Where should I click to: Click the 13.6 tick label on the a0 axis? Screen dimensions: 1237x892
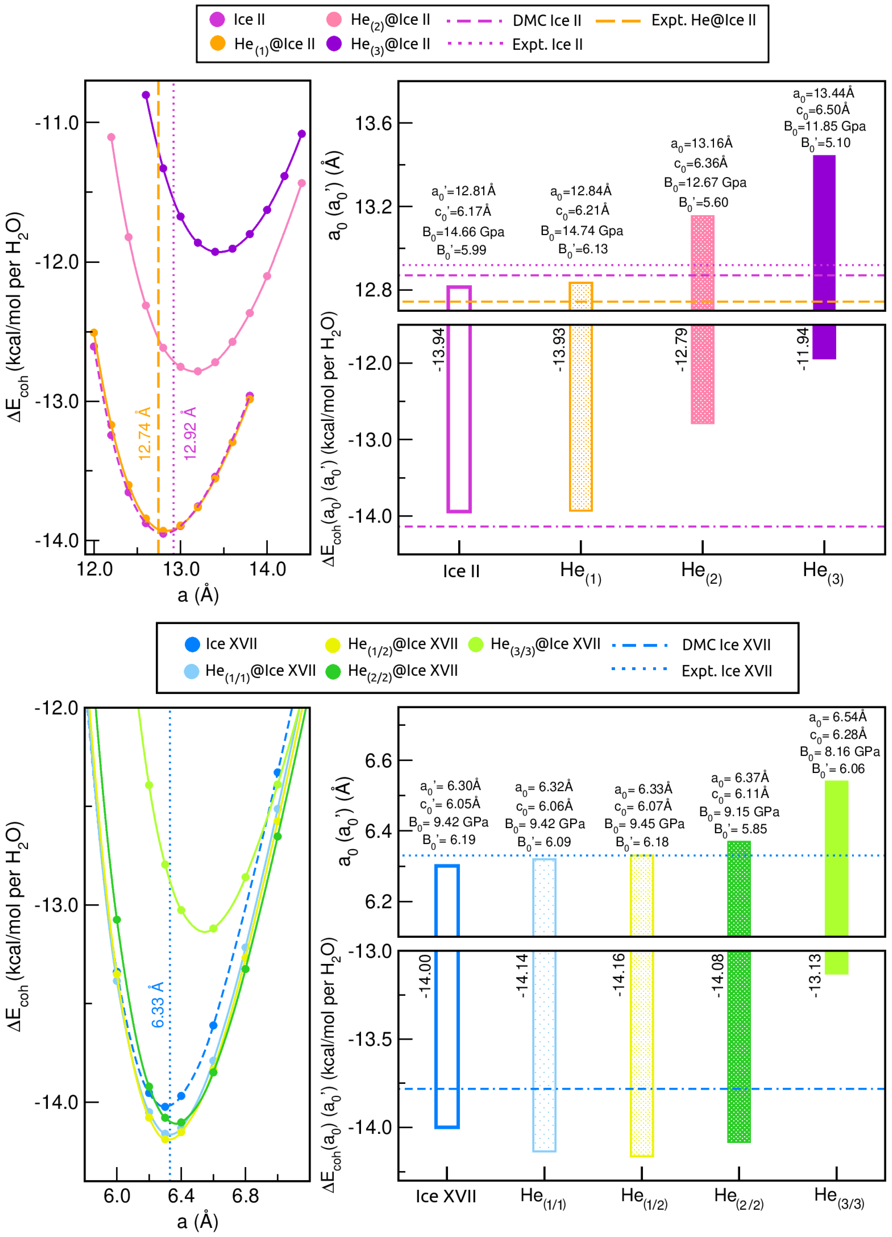coord(373,123)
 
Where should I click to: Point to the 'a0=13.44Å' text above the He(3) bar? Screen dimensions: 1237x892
coord(823,94)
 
